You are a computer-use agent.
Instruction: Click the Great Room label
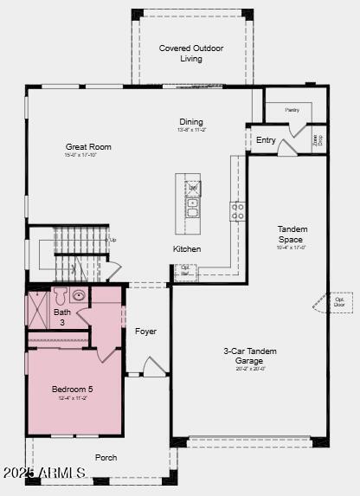(x=88, y=147)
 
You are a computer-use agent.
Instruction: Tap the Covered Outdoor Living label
(x=191, y=54)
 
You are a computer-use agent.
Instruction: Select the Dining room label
(x=191, y=122)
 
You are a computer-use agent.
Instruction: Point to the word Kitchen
(x=187, y=249)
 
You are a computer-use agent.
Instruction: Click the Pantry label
(x=292, y=110)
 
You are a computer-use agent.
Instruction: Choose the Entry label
(x=266, y=140)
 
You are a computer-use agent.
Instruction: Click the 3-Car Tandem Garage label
(x=250, y=356)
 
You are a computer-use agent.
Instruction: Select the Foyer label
(x=145, y=332)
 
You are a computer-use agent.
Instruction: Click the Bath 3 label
(x=62, y=318)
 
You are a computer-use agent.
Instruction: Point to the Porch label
(x=106, y=458)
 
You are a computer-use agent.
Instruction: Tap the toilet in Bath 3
(x=60, y=295)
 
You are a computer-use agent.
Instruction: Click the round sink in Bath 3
(x=79, y=295)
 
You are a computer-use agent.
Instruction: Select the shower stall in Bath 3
(x=38, y=309)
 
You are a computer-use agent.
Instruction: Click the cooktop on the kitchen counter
(x=236, y=211)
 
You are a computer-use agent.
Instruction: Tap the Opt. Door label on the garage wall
(x=339, y=301)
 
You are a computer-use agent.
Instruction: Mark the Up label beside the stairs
(x=112, y=240)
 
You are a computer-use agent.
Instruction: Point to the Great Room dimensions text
(x=88, y=156)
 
